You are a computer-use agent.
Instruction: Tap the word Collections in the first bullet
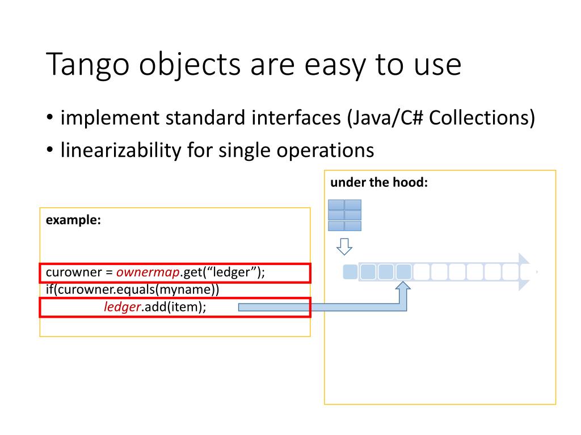coord(482,118)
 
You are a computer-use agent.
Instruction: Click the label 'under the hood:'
coord(378,182)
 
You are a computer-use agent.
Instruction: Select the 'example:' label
coord(73,220)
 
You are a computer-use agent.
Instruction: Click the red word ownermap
coord(148,272)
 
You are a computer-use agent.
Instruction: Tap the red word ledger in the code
coord(122,307)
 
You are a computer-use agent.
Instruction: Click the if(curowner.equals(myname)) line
coord(132,290)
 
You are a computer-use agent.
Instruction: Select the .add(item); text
coord(174,307)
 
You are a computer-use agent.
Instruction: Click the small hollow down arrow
coord(344,246)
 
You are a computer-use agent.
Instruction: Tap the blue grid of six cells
coord(344,215)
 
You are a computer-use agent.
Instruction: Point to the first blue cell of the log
coord(351,272)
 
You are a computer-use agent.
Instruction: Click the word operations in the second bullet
coord(325,150)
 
